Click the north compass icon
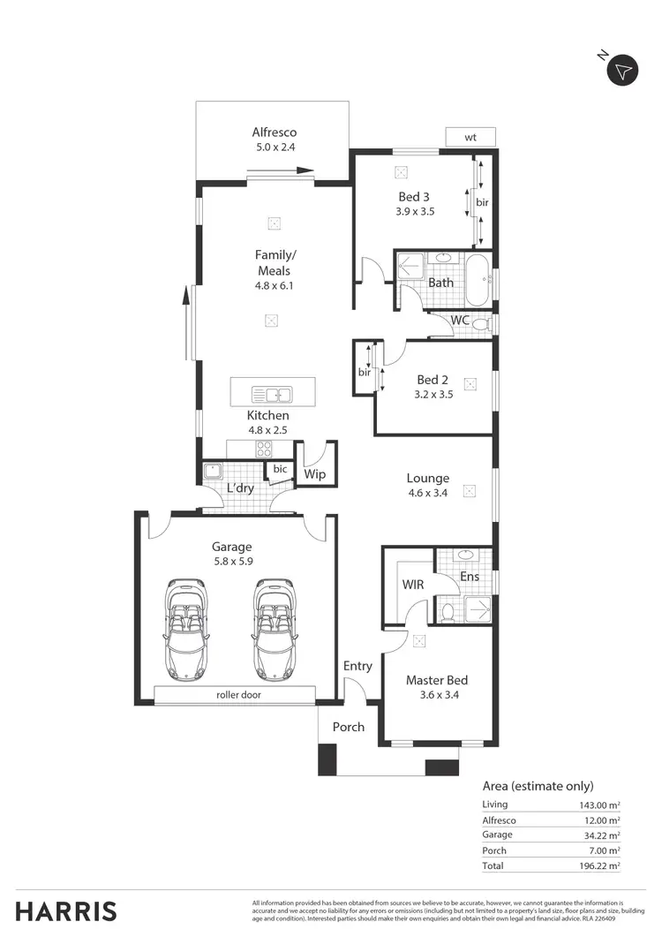(624, 70)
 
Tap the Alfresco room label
(275, 133)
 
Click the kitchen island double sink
(273, 395)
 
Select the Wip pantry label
(314, 474)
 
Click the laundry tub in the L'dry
(212, 471)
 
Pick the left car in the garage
(186, 627)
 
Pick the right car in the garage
(274, 627)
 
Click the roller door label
(238, 695)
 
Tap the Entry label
(357, 666)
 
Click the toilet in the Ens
(448, 610)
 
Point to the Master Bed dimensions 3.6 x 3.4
(436, 695)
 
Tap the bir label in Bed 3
(482, 202)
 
